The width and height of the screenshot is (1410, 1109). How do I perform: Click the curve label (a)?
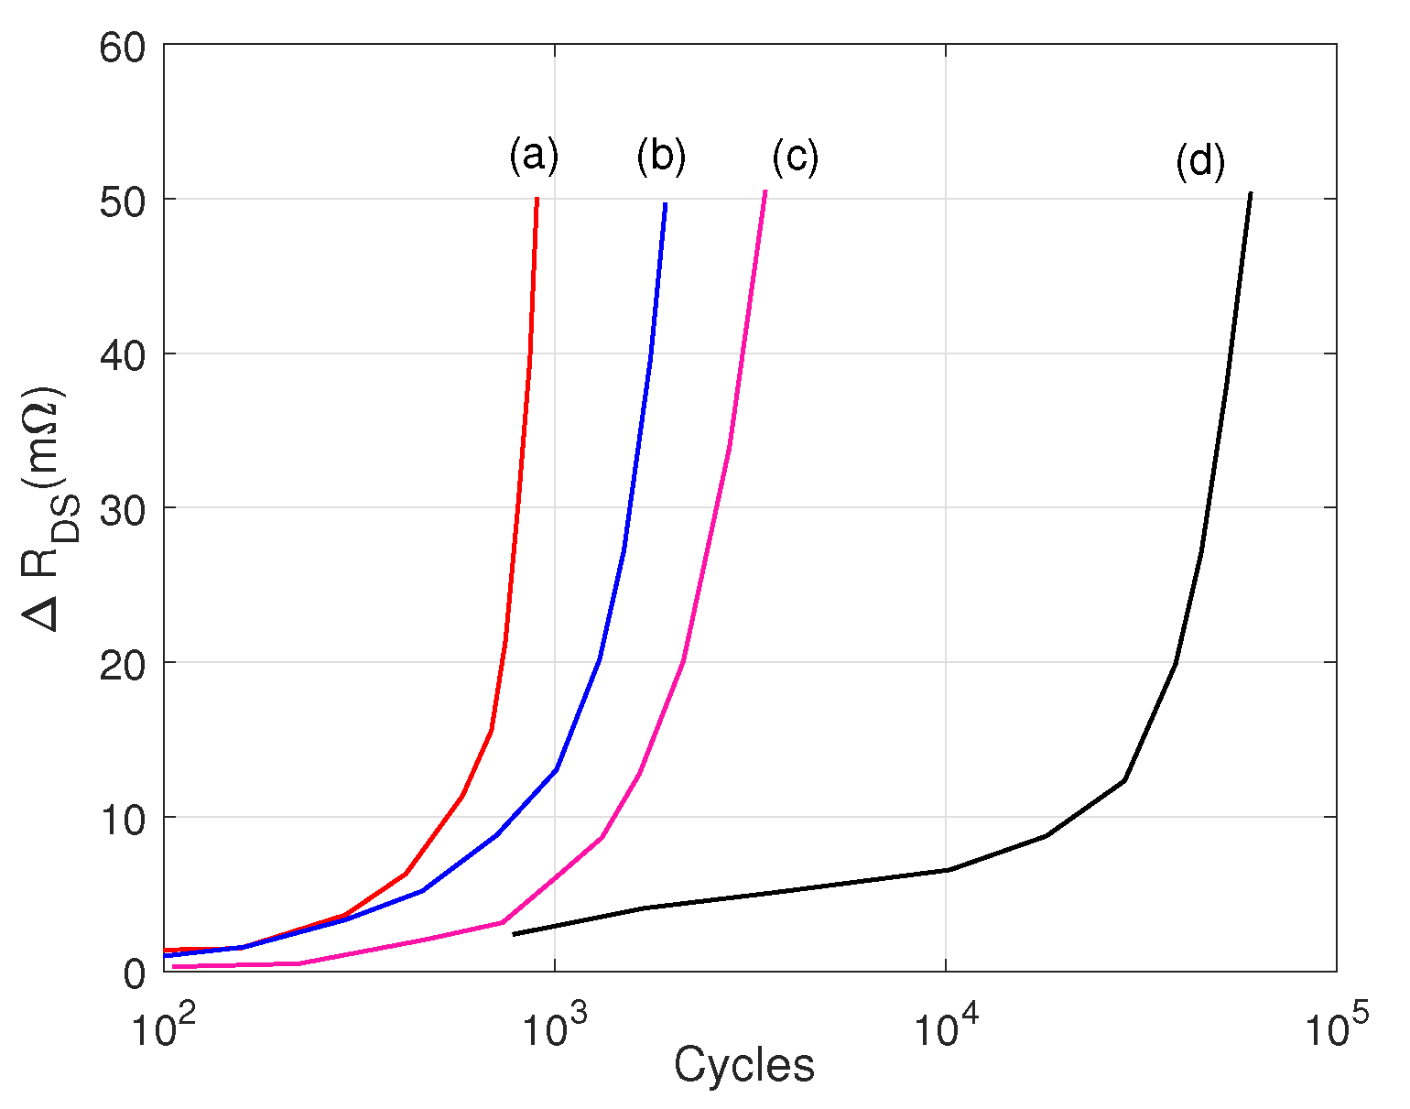[533, 157]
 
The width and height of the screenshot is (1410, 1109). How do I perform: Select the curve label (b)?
[660, 157]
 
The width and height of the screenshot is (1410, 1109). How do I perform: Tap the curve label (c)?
[794, 158]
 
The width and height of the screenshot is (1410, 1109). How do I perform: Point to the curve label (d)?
[1199, 162]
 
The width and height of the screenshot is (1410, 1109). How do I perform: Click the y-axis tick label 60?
[123, 48]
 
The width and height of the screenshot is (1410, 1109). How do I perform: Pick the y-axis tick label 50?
[123, 201]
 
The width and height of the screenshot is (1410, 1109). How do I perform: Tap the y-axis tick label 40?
[123, 356]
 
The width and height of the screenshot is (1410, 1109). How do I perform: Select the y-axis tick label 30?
[123, 510]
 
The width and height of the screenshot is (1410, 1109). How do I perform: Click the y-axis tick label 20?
[123, 665]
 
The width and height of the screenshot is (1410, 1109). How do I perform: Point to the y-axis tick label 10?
[123, 820]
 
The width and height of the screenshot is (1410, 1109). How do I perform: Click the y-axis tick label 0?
[135, 973]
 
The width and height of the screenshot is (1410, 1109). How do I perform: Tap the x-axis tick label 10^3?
[555, 1028]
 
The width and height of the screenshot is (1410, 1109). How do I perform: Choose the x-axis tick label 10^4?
[946, 1028]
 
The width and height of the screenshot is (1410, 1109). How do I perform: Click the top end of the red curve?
[537, 199]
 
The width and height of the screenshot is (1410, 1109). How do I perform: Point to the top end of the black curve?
[1251, 194]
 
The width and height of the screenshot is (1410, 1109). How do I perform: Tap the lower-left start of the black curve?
[514, 934]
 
